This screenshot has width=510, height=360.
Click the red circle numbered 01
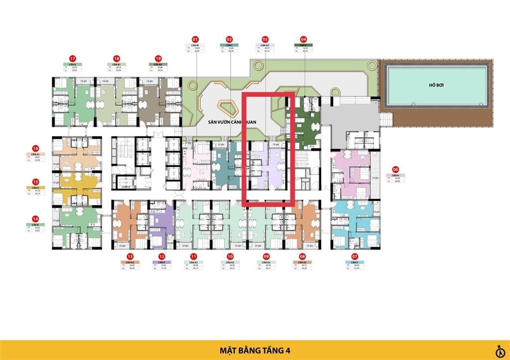[195, 39]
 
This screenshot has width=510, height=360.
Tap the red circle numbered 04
[303, 39]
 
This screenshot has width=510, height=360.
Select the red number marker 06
[395, 169]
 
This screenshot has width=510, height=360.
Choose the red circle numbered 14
[35, 218]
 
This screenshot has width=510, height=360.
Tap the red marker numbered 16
[35, 148]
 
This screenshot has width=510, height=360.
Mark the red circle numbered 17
[73, 58]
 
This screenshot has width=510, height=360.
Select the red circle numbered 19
[158, 58]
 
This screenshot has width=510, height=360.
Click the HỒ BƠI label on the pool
[436, 85]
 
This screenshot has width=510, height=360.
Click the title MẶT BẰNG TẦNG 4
[255, 350]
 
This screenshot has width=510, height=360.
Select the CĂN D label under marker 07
[354, 262]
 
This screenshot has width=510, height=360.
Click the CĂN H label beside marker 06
[395, 175]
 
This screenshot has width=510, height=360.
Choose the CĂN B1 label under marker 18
[116, 64]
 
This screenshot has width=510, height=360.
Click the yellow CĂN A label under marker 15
[35, 188]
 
